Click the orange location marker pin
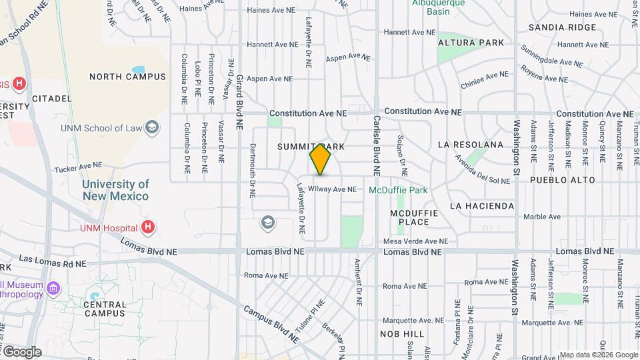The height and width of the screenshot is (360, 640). point(321,159)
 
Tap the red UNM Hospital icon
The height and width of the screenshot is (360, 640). point(148,227)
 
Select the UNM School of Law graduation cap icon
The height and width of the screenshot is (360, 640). point(153,127)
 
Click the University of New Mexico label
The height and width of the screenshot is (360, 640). point(116,190)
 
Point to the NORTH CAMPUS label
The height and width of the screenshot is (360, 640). point(127,77)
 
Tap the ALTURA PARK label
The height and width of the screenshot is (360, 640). point(471,43)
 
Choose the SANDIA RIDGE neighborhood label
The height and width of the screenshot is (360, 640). point(562,27)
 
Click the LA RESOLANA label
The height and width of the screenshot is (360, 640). point(471,145)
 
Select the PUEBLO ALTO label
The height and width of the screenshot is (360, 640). point(557,180)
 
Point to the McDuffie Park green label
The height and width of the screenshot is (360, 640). point(398,190)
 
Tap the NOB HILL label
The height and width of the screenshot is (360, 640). point(402,333)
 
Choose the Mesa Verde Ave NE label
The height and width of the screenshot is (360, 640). point(415,241)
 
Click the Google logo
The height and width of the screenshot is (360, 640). point(22,352)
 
